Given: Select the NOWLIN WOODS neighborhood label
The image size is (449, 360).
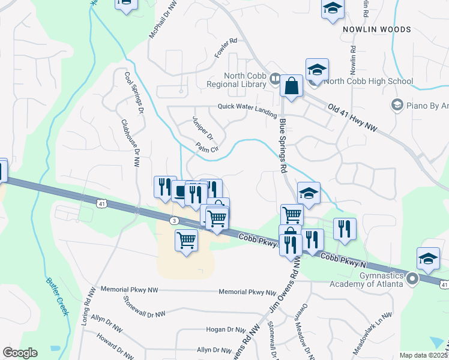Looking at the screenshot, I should [x=376, y=29].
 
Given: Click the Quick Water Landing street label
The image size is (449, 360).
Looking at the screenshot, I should [x=247, y=107].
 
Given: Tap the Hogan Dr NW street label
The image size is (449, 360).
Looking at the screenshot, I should [x=226, y=329].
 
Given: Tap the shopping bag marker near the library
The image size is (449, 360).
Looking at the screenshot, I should [x=291, y=85].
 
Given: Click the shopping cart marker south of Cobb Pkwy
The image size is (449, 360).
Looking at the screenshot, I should [x=186, y=240].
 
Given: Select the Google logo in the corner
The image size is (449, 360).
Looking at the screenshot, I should [x=20, y=353].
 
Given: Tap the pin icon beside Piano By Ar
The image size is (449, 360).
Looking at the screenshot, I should [x=396, y=106].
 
